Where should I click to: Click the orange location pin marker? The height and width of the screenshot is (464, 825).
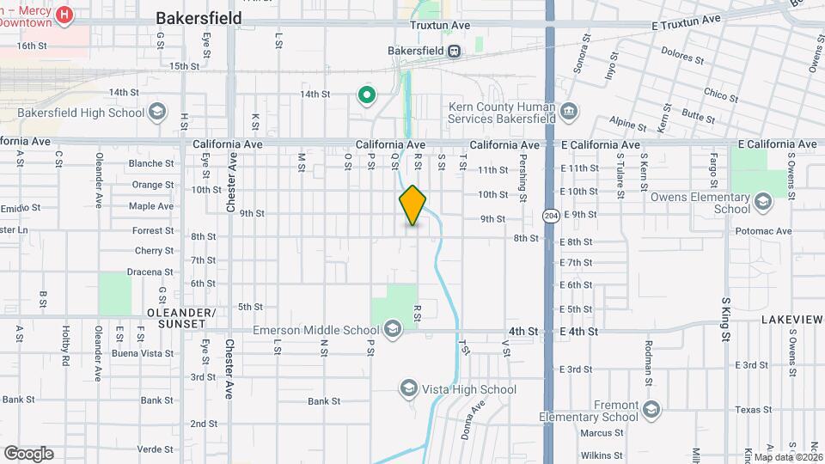[412, 205]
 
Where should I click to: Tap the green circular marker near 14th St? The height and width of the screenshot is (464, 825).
[367, 95]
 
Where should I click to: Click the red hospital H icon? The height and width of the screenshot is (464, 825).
[63, 15]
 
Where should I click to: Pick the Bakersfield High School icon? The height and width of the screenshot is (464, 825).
[157, 112]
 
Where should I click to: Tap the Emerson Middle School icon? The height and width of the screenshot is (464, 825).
[392, 329]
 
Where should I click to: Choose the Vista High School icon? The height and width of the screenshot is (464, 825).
[408, 389]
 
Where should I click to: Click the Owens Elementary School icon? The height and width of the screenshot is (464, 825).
[762, 202]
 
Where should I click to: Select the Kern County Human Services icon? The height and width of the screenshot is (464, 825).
[567, 111]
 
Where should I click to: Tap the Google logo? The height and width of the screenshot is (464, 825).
[28, 453]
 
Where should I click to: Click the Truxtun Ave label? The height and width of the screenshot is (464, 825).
[440, 26]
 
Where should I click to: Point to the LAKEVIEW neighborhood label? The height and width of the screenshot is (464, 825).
[791, 320]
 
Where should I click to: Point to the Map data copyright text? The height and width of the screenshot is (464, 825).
[784, 456]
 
